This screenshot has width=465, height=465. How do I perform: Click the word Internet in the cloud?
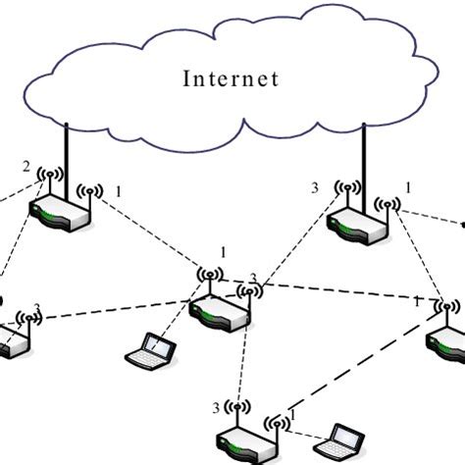point(231,78)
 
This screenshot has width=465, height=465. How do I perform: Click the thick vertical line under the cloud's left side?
point(67,157)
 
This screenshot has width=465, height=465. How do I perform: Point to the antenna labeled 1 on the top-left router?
point(91,193)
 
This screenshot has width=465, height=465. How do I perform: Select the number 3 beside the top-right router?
point(315,185)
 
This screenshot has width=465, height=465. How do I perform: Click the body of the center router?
point(221,312)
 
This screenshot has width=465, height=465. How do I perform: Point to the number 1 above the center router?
point(223,253)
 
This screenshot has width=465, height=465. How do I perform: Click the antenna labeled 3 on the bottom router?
point(233,408)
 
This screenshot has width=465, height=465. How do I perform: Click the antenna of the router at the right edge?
point(446,309)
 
